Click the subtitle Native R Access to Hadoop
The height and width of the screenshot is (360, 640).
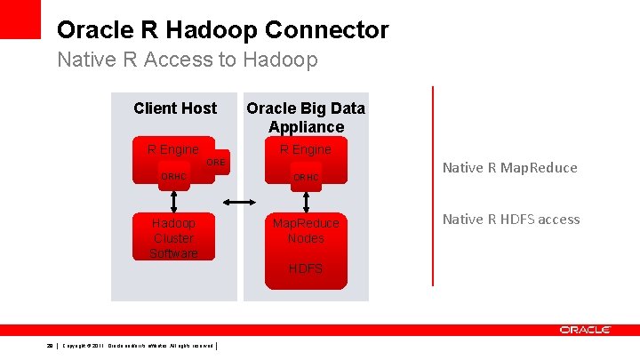pos(187,60)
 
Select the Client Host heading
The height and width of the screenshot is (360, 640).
pos(174,108)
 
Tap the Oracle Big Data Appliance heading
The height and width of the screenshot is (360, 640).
pos(305,117)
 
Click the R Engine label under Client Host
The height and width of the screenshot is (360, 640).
pos(172,149)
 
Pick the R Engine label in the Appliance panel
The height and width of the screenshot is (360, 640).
pos(305,149)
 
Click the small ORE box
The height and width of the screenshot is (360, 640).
pos(216,163)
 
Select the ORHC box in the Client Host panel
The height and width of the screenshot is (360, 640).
pos(173,177)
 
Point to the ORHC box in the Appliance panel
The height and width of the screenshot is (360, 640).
pos(305,178)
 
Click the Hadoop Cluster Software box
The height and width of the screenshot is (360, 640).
pos(173,238)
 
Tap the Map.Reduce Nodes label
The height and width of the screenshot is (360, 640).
pos(305,231)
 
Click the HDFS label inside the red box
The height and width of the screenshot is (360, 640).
pos(305,268)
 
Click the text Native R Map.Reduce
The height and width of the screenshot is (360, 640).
pos(509,167)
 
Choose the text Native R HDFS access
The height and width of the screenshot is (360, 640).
pos(510,219)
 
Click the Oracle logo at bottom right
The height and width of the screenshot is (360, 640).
pos(585,330)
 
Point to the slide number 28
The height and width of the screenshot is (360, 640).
pos(51,345)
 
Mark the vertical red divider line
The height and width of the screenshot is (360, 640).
pos(433,187)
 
